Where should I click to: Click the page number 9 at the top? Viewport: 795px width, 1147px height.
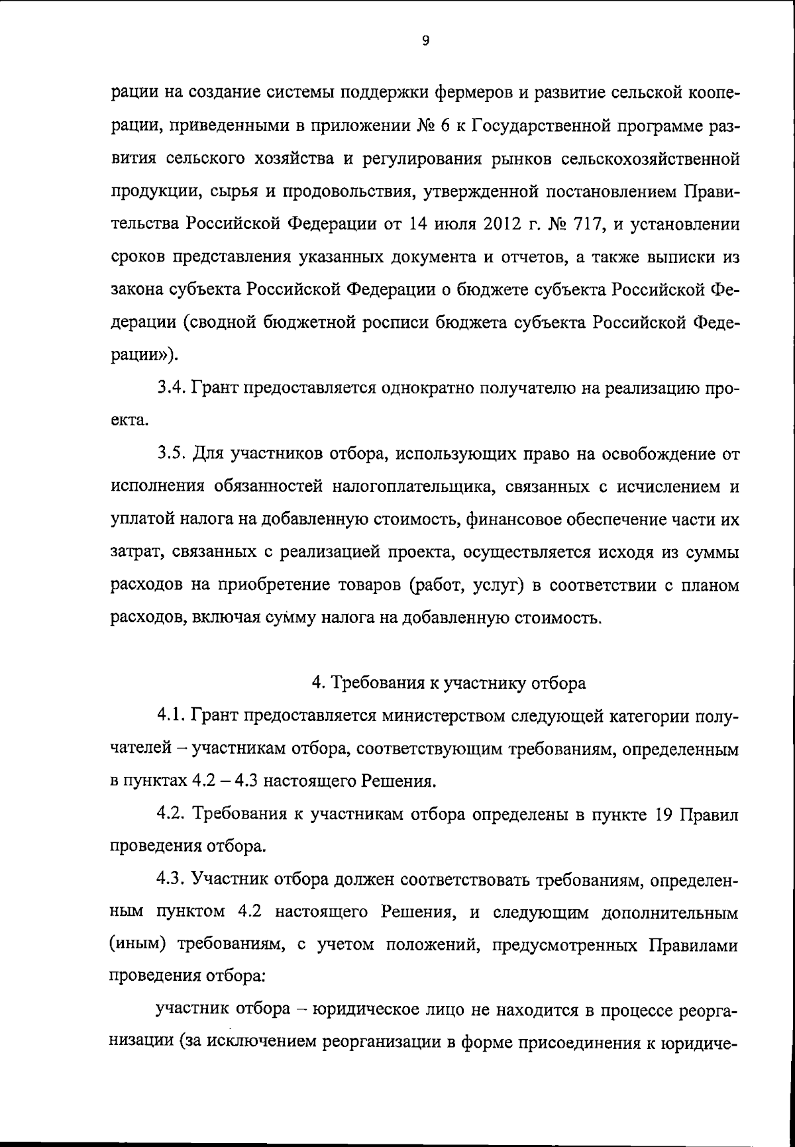425,41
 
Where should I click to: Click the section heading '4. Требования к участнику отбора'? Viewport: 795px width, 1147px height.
449,683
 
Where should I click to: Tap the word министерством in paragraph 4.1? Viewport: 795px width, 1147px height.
430,716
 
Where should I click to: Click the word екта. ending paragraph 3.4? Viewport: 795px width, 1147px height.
126,421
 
